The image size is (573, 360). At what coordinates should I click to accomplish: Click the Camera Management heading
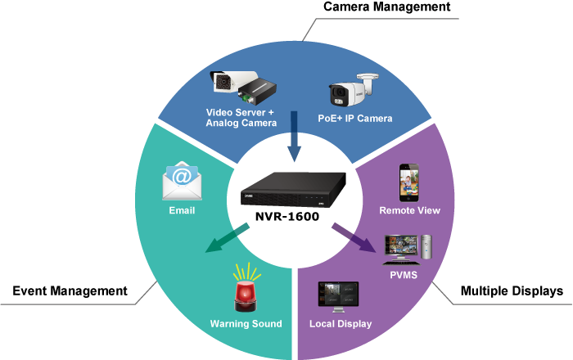(386, 7)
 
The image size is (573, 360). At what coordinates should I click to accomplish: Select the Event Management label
(70, 290)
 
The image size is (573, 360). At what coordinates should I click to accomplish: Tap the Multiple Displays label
(511, 290)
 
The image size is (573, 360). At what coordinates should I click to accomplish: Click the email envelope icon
(182, 181)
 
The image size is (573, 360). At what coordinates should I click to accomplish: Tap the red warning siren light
(246, 288)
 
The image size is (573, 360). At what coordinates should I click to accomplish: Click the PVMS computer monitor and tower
(407, 249)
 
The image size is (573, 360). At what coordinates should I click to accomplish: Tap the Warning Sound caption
(246, 324)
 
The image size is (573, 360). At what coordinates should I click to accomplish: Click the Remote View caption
(409, 210)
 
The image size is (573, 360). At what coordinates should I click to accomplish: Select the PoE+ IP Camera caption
(355, 119)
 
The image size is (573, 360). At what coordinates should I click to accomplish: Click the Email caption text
(182, 210)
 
